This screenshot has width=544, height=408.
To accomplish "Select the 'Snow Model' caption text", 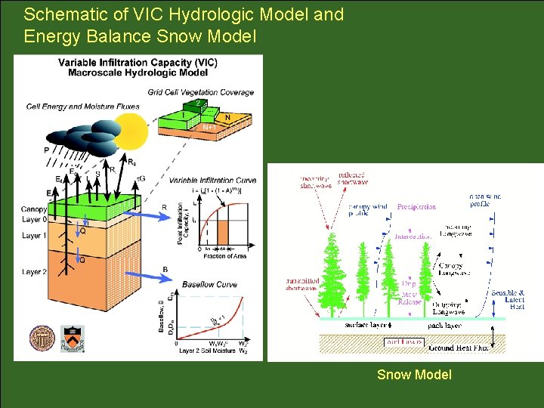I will pyautogui.click(x=414, y=375).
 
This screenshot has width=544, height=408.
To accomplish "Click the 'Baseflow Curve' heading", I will pyautogui.click(x=209, y=285).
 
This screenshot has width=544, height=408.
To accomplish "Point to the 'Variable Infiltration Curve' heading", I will pyautogui.click(x=212, y=180).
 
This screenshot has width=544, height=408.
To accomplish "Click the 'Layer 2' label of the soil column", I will pyautogui.click(x=34, y=272).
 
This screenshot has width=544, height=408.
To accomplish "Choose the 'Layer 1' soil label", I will pyautogui.click(x=34, y=236).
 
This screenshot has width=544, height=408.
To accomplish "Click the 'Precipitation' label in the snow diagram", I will pyautogui.click(x=416, y=206).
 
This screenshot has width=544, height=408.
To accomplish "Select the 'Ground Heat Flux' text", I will pyautogui.click(x=459, y=348).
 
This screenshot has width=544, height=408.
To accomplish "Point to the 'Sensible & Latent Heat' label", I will pyautogui.click(x=508, y=298).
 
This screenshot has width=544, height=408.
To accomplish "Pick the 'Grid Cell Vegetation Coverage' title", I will pyautogui.click(x=212, y=92).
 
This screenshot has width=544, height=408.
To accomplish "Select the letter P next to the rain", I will pyautogui.click(x=46, y=150).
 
